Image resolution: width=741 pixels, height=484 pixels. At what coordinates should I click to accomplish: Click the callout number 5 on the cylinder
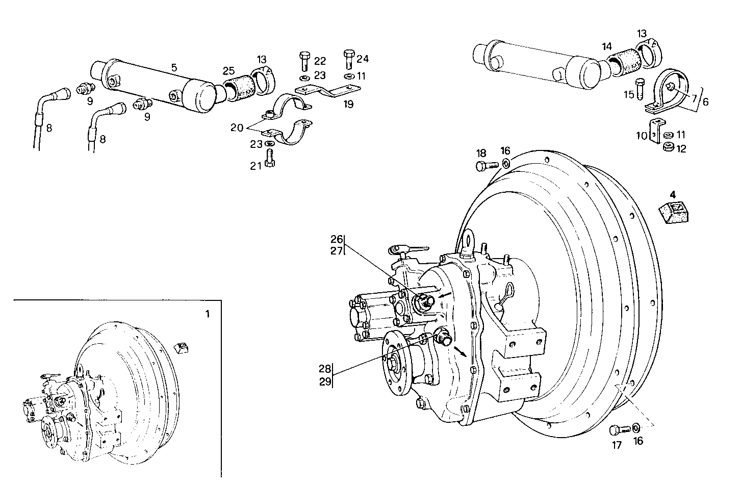[x=174, y=67]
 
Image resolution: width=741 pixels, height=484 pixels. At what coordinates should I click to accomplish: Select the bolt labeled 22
[x=304, y=61]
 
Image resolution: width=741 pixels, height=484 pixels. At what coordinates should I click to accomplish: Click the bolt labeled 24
[x=349, y=59]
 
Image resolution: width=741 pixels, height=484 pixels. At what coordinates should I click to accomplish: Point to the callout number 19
[x=348, y=105]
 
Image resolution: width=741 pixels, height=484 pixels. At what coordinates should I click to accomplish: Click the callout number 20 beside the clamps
[x=237, y=128]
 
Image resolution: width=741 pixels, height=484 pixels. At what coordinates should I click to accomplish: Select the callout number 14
[x=606, y=46]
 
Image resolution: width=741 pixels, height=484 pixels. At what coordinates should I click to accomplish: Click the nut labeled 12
[x=668, y=148]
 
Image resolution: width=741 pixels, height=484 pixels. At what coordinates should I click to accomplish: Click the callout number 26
[x=337, y=239]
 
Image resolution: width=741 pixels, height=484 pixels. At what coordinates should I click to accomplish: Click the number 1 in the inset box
[x=207, y=315]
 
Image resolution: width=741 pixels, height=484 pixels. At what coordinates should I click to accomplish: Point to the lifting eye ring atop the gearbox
[x=469, y=239]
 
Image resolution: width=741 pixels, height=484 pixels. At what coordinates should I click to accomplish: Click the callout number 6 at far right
[x=705, y=102]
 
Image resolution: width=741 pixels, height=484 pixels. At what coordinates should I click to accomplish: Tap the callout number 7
[x=694, y=97]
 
